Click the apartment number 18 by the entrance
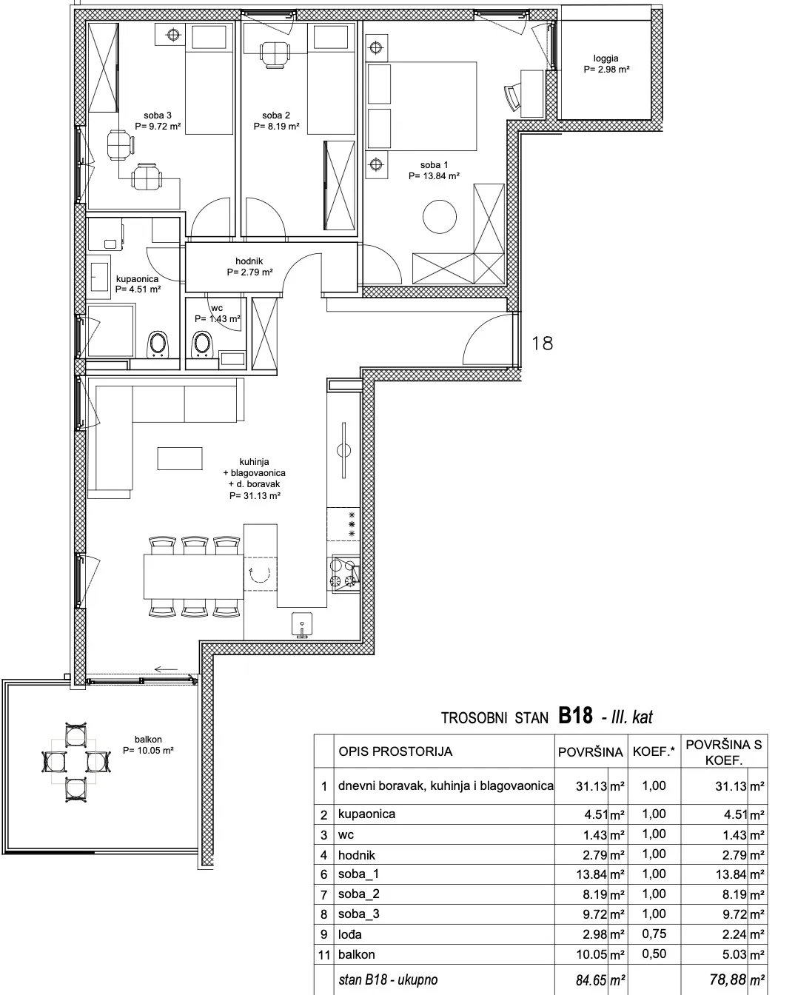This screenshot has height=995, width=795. pos(542,343)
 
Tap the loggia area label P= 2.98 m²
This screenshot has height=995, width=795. pos(606,70)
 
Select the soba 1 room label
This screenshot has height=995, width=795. pos(434,164)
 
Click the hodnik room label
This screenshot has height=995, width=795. pos(249,261)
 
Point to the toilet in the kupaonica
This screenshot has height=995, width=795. pos(158,344)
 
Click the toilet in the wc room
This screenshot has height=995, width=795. pos(201,344)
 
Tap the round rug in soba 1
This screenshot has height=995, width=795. pos(440,216)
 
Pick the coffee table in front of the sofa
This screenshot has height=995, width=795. pos(179,458)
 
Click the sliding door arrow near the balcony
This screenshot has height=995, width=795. pos(166,669)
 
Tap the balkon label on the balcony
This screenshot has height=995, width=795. pos(148,740)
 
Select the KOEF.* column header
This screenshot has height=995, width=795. pos(654,751)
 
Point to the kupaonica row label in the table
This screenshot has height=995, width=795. pos(366,814)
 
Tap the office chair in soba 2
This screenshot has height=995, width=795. pos(275,55)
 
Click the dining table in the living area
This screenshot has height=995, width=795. pos(194,576)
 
